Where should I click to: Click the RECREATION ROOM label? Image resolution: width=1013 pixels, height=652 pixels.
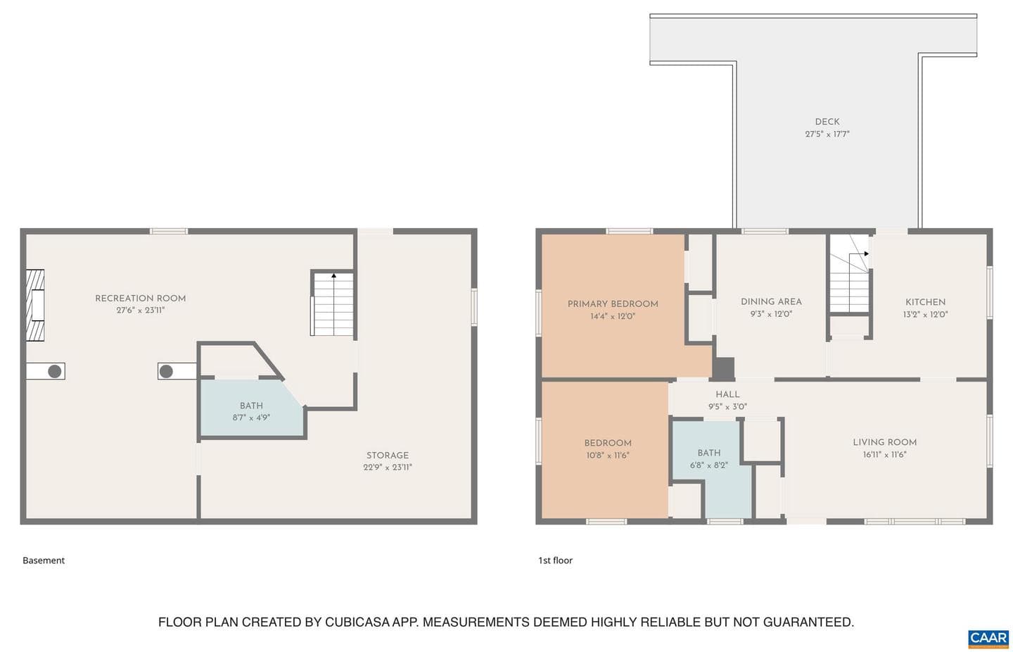140,299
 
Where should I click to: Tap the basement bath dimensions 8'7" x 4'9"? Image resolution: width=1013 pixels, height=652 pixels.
251,418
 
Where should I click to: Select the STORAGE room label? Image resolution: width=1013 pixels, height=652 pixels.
388,456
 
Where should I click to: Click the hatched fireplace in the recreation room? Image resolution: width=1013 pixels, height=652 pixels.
35,305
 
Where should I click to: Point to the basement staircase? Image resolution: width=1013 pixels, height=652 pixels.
332,303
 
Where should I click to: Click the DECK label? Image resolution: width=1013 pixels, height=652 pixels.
827,122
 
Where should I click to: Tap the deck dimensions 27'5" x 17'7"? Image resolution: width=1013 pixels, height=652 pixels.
827,134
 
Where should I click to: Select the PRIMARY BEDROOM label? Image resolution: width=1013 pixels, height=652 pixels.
613,304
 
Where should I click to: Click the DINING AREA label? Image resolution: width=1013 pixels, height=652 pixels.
771,302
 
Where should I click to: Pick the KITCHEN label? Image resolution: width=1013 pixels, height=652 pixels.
925,303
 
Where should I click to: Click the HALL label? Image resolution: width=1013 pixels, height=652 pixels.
727,395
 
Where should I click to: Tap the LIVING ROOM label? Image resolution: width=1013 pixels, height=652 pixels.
884,442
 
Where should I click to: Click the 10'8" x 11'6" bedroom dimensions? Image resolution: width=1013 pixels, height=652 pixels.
608,456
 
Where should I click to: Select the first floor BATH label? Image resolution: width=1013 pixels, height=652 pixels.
709,453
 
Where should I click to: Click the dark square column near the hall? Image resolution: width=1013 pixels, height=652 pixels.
724,368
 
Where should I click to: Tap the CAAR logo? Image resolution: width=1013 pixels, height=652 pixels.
988,639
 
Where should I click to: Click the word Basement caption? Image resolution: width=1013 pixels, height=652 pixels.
44,560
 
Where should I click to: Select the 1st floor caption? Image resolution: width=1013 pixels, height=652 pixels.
555,560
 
